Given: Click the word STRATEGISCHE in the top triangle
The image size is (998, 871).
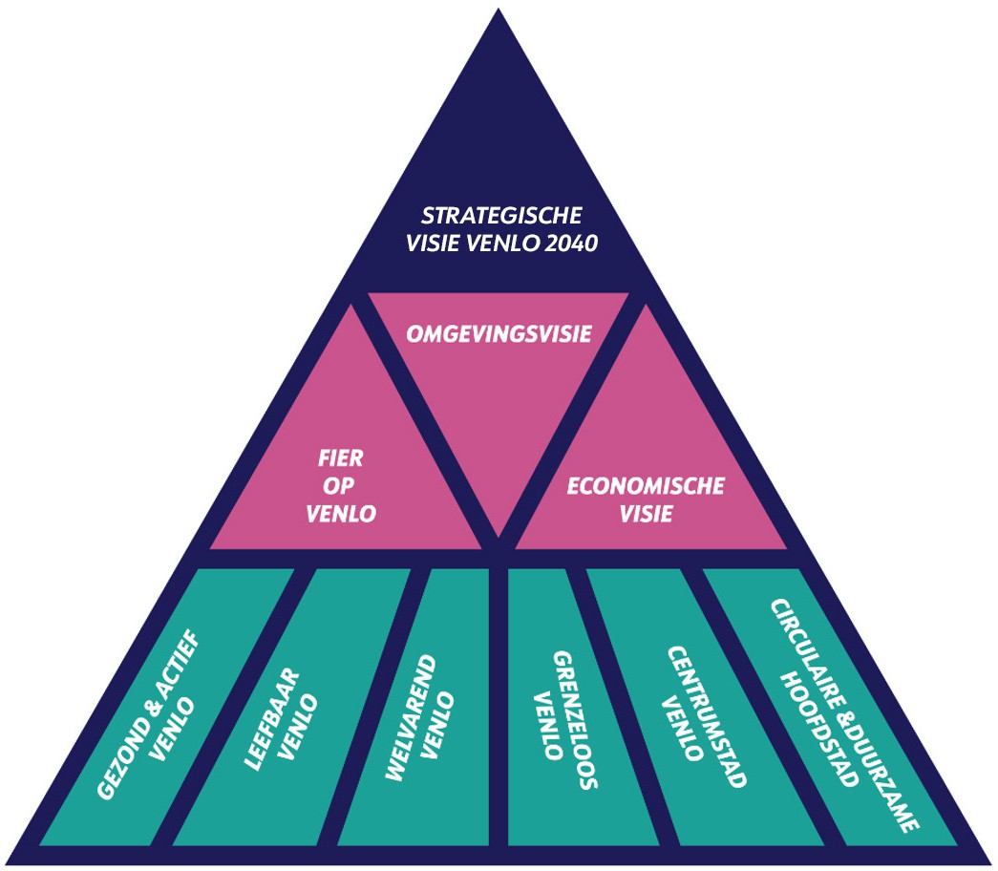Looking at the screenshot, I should coord(501,214).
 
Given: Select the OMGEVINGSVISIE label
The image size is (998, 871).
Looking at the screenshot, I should coord(499,334).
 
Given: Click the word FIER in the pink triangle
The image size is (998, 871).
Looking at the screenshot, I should coord(340,458).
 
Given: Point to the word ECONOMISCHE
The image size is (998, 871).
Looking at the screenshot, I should coord(645,486).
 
